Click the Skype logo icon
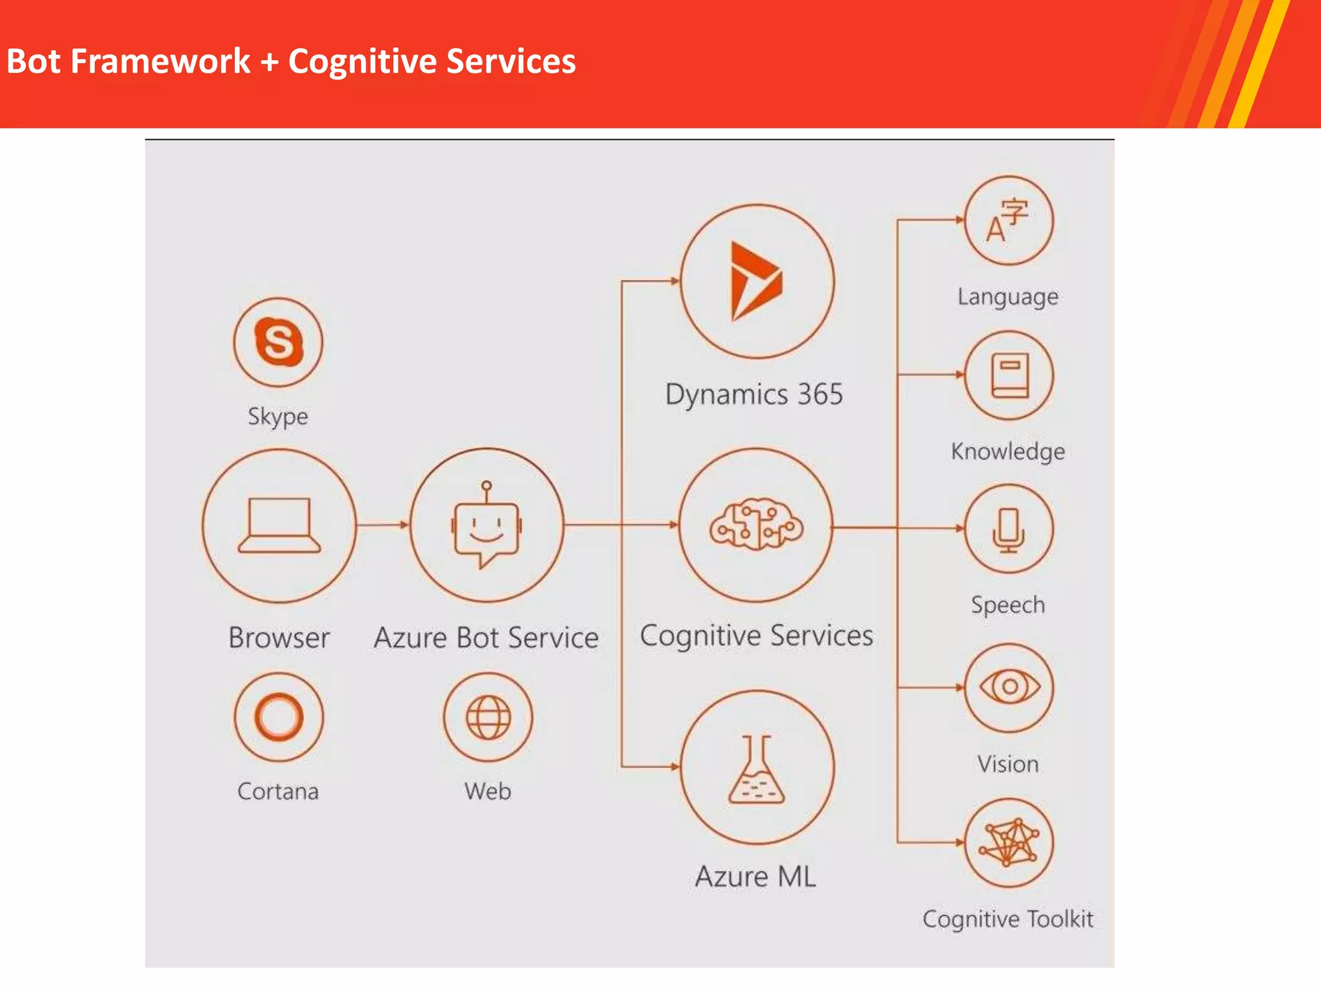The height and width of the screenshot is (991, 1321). pos(279,341)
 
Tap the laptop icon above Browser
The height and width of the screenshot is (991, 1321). pos(279,525)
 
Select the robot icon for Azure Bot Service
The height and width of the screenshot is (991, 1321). pos(486,525)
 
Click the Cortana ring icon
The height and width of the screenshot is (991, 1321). pos(279,717)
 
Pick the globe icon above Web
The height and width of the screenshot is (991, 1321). pos(488,717)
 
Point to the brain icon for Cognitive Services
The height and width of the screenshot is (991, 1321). pos(757,525)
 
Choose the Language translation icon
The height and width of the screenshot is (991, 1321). pos(1008,220)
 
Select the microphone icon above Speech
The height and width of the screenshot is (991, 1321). pos(1009,530)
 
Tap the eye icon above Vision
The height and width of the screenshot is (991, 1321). pos(1009,686)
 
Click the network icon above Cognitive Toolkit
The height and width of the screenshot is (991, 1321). pos(1009,842)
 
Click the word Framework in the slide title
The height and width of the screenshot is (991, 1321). pos(160,62)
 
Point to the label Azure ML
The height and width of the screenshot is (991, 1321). pos(755,877)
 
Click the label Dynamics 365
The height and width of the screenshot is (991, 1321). pos(754,394)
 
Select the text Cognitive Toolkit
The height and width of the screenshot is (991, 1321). pos(1008,919)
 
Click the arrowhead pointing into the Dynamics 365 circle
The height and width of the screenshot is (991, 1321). pos(674,281)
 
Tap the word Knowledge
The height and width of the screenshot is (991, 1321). pos(1008,451)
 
